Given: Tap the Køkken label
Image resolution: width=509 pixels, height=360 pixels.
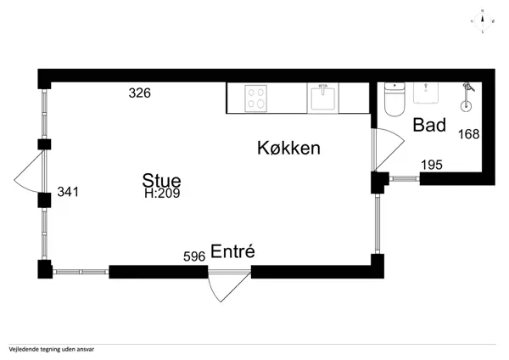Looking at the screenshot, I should (x=288, y=148).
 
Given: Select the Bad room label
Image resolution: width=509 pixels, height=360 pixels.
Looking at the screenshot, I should (x=429, y=126).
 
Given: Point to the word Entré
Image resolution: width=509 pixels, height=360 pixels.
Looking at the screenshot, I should (x=233, y=252).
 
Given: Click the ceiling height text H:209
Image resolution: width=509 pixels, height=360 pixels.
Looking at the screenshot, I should (x=162, y=193).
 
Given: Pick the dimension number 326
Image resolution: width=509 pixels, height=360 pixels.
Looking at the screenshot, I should (x=139, y=93).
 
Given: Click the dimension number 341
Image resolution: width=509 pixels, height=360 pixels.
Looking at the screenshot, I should (x=68, y=192).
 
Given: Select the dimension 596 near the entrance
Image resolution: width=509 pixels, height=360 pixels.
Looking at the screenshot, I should (x=195, y=256).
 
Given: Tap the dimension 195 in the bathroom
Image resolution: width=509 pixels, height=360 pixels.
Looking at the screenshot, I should (x=432, y=165).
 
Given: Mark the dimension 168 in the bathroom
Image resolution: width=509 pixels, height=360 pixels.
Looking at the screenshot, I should (x=468, y=134).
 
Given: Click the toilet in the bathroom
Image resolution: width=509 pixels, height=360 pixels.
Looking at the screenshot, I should (x=394, y=99).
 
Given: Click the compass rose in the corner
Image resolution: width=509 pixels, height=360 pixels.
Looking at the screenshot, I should (x=482, y=23).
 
